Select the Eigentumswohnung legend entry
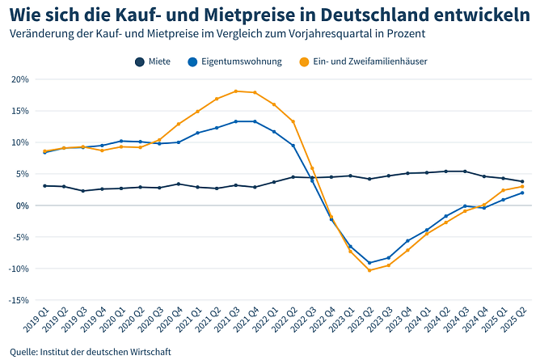coord(234,61)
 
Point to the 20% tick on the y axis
coord(20,79)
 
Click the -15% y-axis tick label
coord(19,300)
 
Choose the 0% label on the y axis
coord(23,205)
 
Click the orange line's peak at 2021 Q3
coord(235,91)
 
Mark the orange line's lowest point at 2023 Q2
coord(369,270)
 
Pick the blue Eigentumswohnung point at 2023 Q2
coord(369,263)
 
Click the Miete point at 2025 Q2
coord(522,181)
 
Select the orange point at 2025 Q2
coord(522,187)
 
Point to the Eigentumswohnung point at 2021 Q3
coord(235,121)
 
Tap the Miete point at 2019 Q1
coord(44,185)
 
